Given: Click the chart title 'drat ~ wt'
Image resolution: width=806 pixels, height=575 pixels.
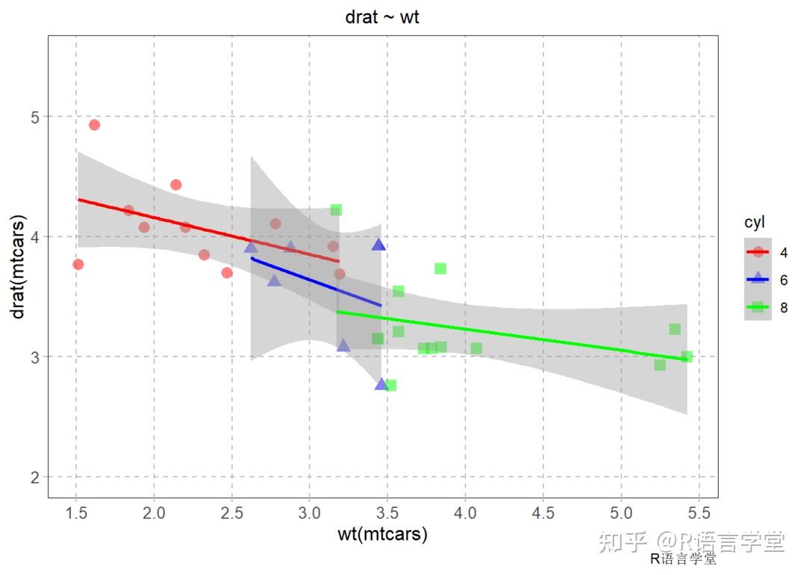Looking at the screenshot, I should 381,16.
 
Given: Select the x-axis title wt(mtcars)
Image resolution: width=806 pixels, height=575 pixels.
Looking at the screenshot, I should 382,534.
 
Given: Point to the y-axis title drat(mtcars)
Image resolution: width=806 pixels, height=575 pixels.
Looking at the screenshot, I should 19,267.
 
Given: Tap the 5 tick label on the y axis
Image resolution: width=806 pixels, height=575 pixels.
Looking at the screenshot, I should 35,116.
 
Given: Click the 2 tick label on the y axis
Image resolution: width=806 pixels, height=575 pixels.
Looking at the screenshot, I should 35,477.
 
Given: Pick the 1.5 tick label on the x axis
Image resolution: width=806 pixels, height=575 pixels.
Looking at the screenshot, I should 75,513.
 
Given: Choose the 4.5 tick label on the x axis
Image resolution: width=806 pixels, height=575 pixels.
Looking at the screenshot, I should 543,513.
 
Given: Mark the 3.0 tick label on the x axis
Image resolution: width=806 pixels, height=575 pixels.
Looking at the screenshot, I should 310,513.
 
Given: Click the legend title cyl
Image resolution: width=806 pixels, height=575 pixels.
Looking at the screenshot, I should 754,222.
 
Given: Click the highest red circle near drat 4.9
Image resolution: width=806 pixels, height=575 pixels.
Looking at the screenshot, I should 94,125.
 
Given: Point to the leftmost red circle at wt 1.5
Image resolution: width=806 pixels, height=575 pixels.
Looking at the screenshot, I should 78,264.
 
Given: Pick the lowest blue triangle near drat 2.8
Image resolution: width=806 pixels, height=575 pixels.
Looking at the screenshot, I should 381,384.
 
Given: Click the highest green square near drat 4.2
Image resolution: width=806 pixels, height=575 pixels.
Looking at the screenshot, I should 336,210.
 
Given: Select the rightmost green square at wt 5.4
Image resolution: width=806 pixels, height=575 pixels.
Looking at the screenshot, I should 687,356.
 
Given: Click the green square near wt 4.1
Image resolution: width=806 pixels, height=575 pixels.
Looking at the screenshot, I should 476,348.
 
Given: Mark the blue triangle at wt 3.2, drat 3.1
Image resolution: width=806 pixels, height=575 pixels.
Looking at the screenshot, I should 343,345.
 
